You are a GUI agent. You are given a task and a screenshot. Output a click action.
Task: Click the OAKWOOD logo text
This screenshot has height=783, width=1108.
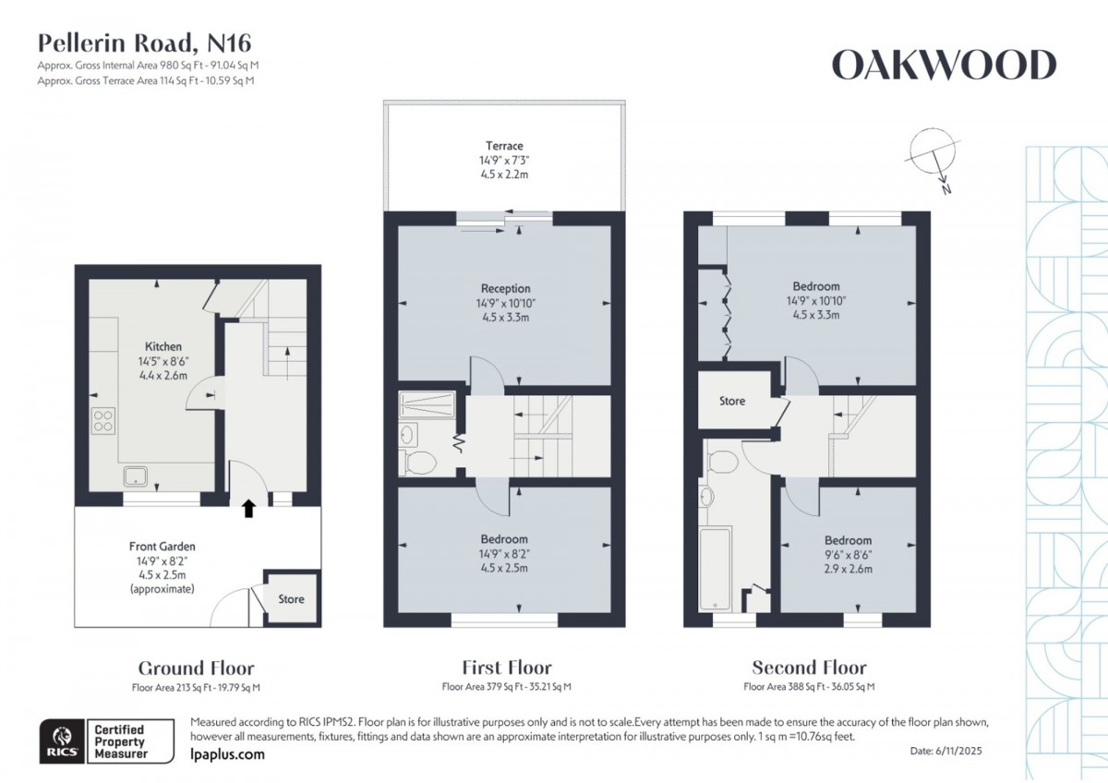(x=944, y=66)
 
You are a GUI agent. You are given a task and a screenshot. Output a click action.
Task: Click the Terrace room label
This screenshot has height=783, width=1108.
(x=504, y=146)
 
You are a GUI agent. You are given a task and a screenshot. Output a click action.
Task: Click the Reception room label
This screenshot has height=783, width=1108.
(x=505, y=289)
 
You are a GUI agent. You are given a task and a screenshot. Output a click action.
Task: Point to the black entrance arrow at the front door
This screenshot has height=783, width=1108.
(x=247, y=507)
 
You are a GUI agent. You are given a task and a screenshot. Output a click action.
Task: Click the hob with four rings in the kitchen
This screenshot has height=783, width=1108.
(x=102, y=421)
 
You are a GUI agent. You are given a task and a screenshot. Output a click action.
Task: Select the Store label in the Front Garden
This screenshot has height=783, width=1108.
(x=291, y=599)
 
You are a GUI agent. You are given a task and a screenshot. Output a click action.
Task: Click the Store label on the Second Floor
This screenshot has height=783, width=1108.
(x=732, y=401)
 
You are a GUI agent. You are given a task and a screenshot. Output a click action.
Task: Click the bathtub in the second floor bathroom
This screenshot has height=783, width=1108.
(x=716, y=568)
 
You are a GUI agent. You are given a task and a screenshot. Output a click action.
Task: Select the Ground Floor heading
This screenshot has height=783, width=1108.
(x=196, y=668)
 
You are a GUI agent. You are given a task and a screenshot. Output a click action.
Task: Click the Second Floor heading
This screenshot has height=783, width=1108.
(x=809, y=668)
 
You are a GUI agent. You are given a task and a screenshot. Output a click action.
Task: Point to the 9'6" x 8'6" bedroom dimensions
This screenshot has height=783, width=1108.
(x=848, y=555)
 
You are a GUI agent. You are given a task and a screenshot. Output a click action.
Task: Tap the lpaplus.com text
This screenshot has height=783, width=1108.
(x=227, y=754)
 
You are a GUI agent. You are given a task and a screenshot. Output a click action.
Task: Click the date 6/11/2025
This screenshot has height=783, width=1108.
(x=959, y=752)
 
